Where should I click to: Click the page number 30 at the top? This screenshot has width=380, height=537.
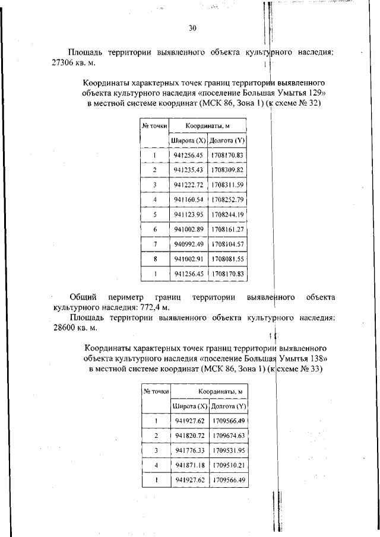pyautogui.click(x=192, y=28)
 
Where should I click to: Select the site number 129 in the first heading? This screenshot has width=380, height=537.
pyautogui.click(x=319, y=93)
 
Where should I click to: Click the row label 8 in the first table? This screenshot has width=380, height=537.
pyautogui.click(x=154, y=259)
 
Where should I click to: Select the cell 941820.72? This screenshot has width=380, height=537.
pyautogui.click(x=190, y=436)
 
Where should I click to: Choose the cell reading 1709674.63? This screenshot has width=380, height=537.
pyautogui.click(x=229, y=436)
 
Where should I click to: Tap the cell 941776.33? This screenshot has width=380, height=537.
pyautogui.click(x=190, y=450)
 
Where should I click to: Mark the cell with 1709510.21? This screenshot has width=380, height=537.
pyautogui.click(x=229, y=465)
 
